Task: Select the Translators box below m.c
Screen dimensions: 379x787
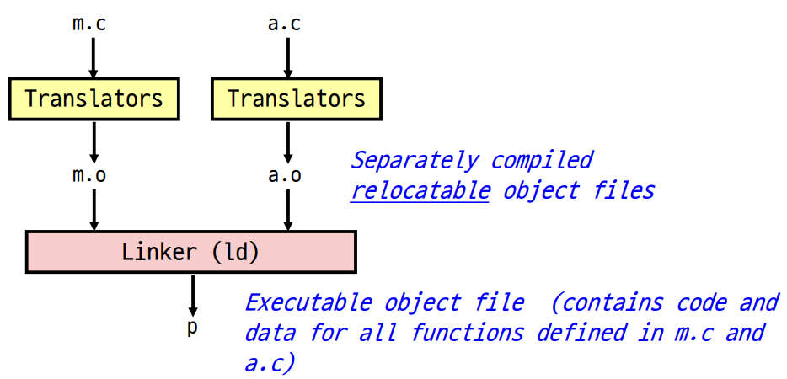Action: click(94, 99)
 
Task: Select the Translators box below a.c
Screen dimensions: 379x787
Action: click(296, 99)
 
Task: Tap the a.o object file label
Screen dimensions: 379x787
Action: click(285, 176)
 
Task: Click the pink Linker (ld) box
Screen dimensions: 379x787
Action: click(191, 252)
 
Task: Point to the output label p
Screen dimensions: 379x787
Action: click(192, 327)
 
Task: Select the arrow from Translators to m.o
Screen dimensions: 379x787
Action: click(94, 141)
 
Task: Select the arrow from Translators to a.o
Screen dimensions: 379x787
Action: click(288, 141)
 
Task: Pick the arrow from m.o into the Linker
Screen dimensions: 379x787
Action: click(94, 210)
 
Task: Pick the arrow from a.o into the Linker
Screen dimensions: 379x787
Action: click(288, 210)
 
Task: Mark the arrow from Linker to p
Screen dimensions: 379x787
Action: click(193, 294)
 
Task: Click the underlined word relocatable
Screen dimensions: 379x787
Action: click(420, 190)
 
